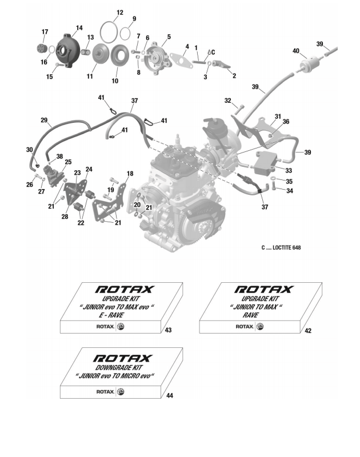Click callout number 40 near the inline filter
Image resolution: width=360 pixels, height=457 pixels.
pos(296,51)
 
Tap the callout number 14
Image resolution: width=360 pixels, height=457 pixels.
pos(79,27)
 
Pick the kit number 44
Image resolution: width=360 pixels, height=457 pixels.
pos(170,395)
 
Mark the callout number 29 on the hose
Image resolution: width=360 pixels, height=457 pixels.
pos(43,120)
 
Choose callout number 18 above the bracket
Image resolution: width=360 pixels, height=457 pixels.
pos(130,173)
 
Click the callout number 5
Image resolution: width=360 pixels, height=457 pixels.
pos(169,38)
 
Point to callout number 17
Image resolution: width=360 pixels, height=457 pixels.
pos(45,31)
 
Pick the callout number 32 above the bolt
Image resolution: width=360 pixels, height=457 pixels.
pos(227,101)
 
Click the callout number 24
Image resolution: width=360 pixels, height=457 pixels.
pos(89,169)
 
